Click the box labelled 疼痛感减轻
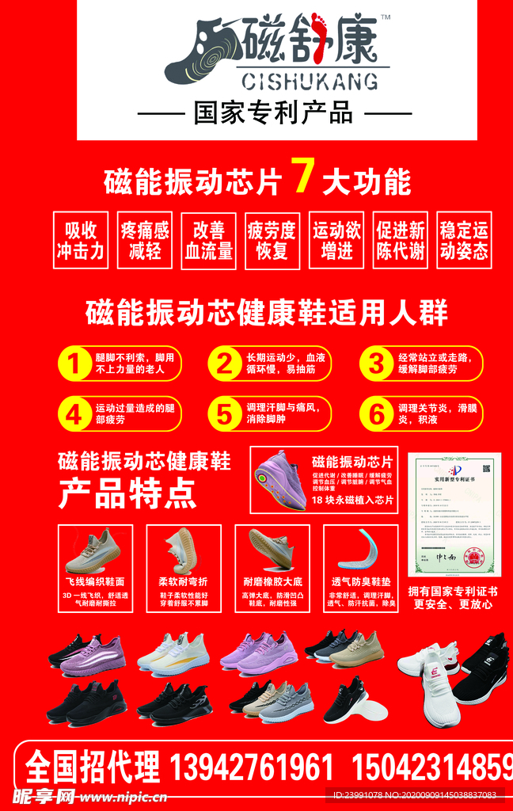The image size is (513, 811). coord(145,240)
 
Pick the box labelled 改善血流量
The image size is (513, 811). coord(209,240)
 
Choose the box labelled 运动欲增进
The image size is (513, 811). coord(336,240)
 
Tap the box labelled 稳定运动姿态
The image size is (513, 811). coord(464,240)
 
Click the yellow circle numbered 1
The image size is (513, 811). coord(74,364)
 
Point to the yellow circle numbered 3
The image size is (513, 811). coord(375,364)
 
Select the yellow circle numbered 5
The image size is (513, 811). coord(225,413)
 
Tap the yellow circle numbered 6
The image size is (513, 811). coord(375,413)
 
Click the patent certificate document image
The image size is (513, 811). coord(454,514)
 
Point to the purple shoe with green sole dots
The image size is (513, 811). coord(280,481)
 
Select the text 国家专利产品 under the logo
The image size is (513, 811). coord(274,113)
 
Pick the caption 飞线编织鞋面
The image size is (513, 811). coord(94,581)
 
